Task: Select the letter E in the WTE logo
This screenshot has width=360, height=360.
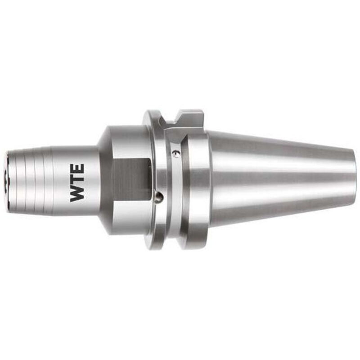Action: [x=77, y=169]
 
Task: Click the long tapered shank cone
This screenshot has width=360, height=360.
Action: [x=279, y=178]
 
